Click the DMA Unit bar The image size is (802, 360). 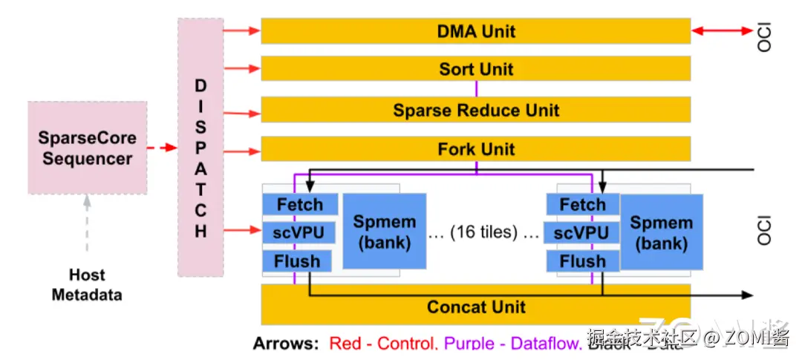pyautogui.click(x=475, y=31)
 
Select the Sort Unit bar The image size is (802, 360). pyautogui.click(x=475, y=69)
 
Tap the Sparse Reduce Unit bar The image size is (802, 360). pyautogui.click(x=475, y=111)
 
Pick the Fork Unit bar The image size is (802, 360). pyautogui.click(x=475, y=149)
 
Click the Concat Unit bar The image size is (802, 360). pyautogui.click(x=475, y=307)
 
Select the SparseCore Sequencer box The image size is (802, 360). pyautogui.click(x=87, y=148)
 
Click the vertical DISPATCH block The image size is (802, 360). pyautogui.click(x=200, y=148)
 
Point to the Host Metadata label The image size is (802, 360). pyautogui.click(x=87, y=285)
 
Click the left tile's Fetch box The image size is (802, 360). pyautogui.click(x=300, y=204)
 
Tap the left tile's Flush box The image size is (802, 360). pyautogui.click(x=297, y=261)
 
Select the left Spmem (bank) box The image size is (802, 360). pyautogui.click(x=384, y=232)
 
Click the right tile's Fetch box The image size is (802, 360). pyautogui.click(x=582, y=204)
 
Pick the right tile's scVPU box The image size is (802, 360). pyautogui.click(x=582, y=233)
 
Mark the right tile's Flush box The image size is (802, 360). pyautogui.click(x=582, y=261)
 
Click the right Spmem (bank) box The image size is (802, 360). pyautogui.click(x=661, y=232)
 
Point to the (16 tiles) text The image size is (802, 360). pyautogui.click(x=484, y=232)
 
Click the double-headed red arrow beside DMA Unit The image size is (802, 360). pyautogui.click(x=722, y=31)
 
